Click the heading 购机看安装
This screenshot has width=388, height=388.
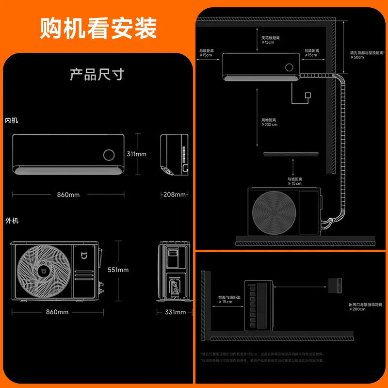click(x=98, y=28)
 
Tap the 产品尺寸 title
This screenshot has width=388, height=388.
click(x=97, y=75)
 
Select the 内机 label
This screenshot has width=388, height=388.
click(x=12, y=120)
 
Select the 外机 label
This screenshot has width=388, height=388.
click(x=12, y=221)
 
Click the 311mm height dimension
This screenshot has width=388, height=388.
click(x=137, y=154)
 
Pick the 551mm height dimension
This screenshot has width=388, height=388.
click(x=118, y=270)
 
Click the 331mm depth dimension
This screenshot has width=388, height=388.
click(x=175, y=312)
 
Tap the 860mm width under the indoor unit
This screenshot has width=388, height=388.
click(x=68, y=195)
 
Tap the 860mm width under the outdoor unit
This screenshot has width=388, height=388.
click(x=57, y=312)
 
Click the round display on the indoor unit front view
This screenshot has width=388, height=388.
click(x=109, y=155)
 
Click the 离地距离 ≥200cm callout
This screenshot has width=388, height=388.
click(x=269, y=122)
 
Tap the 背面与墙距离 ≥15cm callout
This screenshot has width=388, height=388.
click(x=226, y=299)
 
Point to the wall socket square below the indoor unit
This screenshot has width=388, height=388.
click(x=307, y=95)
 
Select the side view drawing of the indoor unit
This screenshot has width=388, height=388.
click(x=175, y=154)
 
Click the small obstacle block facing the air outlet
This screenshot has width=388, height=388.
click(x=335, y=284)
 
